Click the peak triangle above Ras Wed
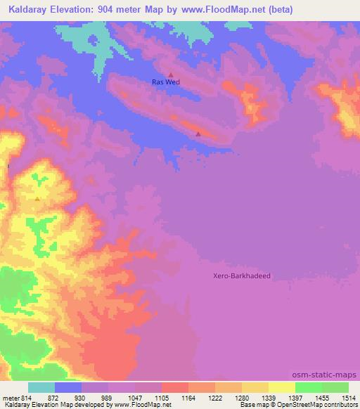coord(170,73)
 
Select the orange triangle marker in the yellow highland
coord(37,199)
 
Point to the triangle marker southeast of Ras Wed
coord(198,133)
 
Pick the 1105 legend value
coord(160,398)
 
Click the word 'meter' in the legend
coord(11,398)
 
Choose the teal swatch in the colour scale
coord(41,387)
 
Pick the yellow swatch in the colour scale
coord(282,387)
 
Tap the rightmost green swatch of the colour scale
coord(335,387)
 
